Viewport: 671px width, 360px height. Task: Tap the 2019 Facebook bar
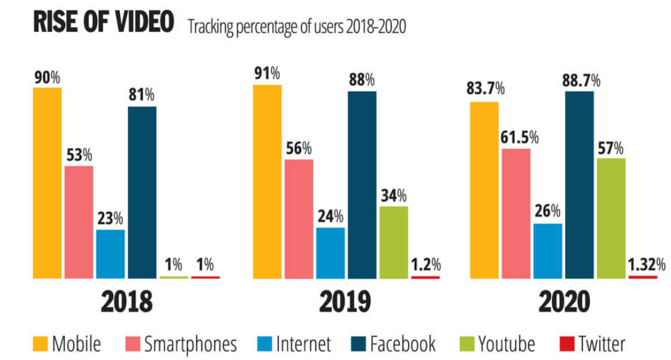pos(362,184)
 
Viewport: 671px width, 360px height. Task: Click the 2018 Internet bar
pos(111,254)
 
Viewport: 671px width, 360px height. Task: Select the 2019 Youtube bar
pos(393,242)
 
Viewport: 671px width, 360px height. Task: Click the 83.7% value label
pos(485,88)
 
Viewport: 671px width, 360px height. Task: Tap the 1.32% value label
pos(646,265)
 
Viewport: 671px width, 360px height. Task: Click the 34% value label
pos(393,195)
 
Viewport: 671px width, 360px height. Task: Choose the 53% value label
pos(79,155)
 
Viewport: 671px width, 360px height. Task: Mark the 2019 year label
pos(345,302)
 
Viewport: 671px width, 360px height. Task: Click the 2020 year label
pos(563,302)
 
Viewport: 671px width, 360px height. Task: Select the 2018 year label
pos(127,302)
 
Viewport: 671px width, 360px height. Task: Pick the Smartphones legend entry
pos(182,343)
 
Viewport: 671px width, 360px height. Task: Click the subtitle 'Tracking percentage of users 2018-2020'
pos(297,28)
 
